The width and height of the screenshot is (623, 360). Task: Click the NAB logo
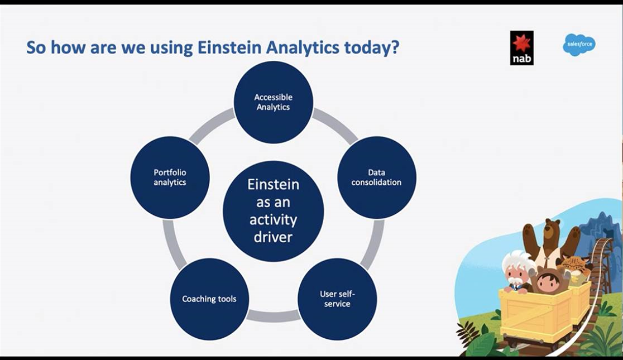pyautogui.click(x=522, y=48)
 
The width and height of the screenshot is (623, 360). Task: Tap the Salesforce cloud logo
pyautogui.click(x=579, y=45)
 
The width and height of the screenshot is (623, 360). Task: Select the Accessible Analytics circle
pyautogui.click(x=274, y=102)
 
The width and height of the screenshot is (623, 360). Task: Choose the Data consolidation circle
pyautogui.click(x=377, y=177)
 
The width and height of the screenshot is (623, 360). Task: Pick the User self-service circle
pyautogui.click(x=337, y=299)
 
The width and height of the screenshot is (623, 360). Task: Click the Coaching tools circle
pyautogui.click(x=209, y=299)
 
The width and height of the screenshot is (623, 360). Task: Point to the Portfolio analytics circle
pyautogui.click(x=170, y=177)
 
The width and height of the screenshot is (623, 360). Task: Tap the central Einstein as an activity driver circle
pyautogui.click(x=274, y=211)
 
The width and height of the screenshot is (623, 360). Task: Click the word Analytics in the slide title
pyautogui.click(x=303, y=48)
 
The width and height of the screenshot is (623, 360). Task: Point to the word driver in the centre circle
pyautogui.click(x=273, y=237)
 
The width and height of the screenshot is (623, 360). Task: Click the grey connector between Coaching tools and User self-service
pyautogui.click(x=273, y=316)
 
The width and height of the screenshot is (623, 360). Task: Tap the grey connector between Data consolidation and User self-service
pyautogui.click(x=372, y=244)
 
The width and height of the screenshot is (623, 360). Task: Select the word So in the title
pyautogui.click(x=36, y=48)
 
